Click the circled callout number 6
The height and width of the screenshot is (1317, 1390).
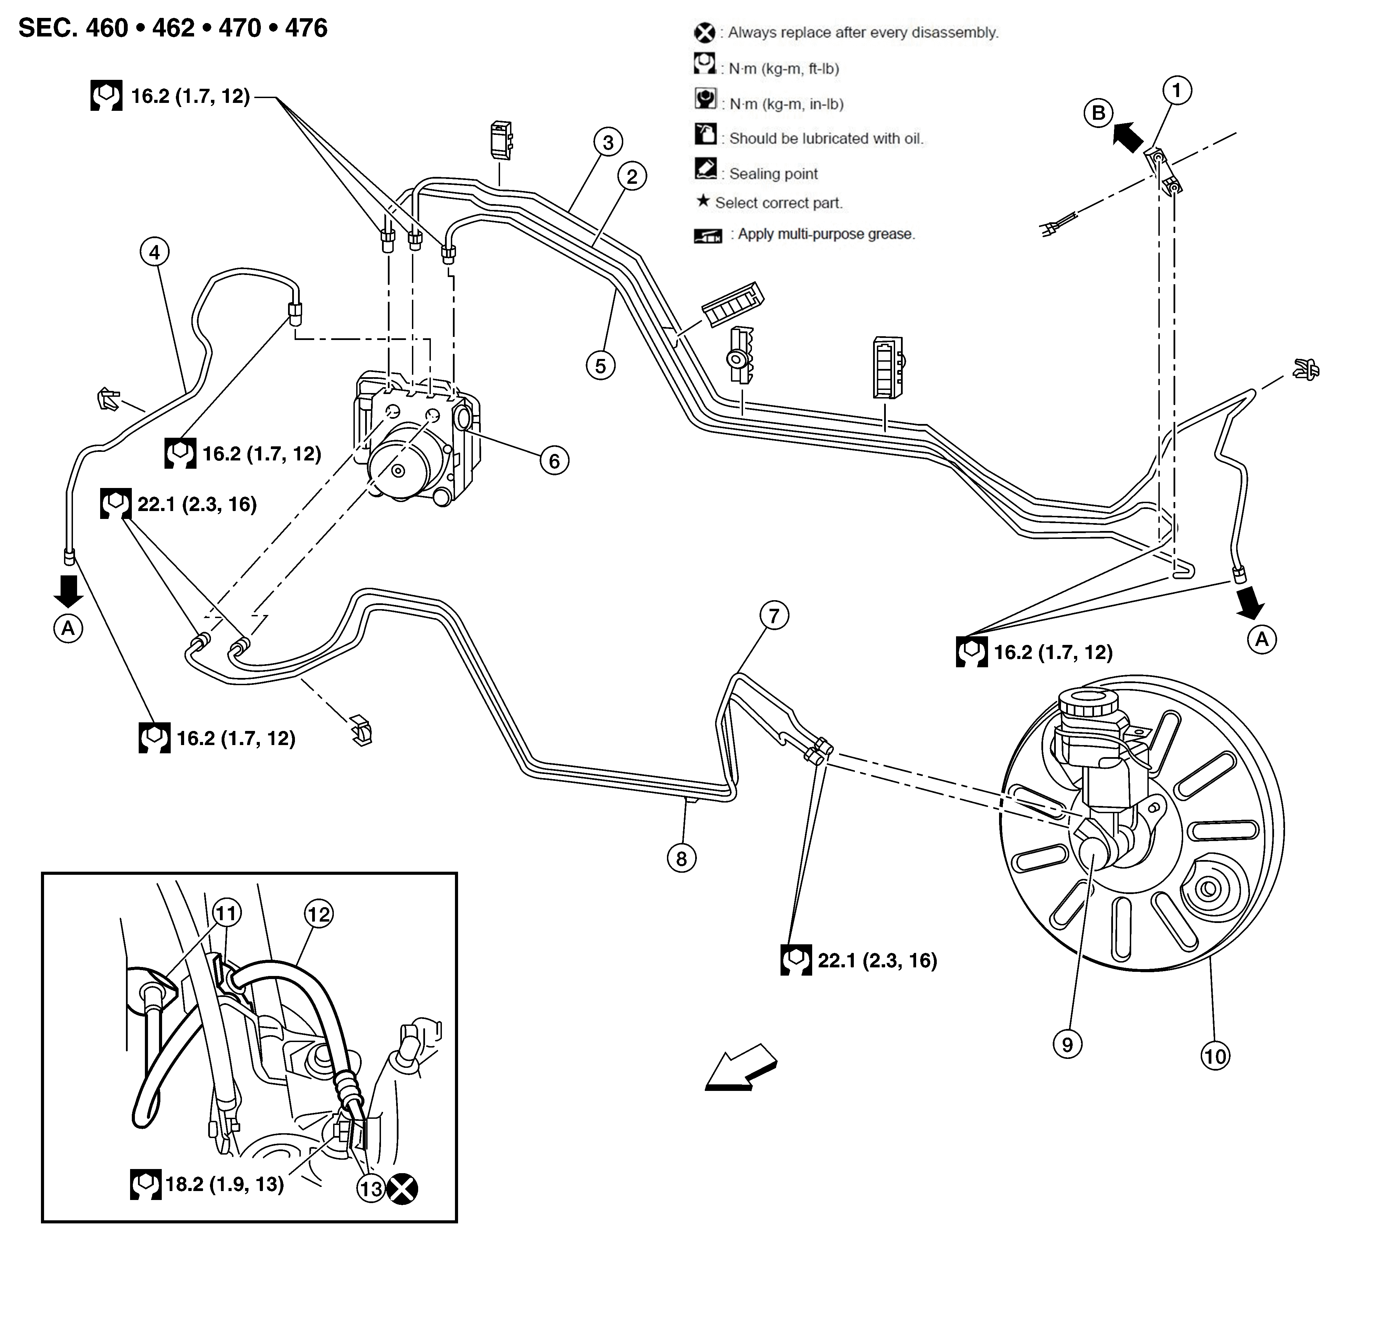(x=554, y=461)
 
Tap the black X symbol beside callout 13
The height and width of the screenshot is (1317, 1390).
(x=402, y=1189)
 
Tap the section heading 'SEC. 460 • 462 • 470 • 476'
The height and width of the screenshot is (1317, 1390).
(x=173, y=28)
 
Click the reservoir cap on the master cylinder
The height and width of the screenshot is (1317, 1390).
(x=1088, y=703)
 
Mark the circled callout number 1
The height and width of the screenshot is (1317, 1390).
(x=1177, y=90)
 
